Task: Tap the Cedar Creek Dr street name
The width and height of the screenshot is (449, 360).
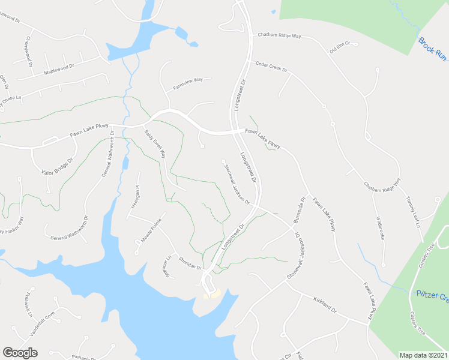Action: tap(271, 67)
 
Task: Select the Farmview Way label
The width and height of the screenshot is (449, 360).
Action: tap(188, 83)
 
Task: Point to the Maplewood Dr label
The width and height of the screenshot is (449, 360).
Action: tap(59, 70)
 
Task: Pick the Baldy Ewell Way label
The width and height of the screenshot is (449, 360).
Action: tap(155, 145)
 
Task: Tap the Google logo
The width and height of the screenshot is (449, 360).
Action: tap(20, 353)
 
